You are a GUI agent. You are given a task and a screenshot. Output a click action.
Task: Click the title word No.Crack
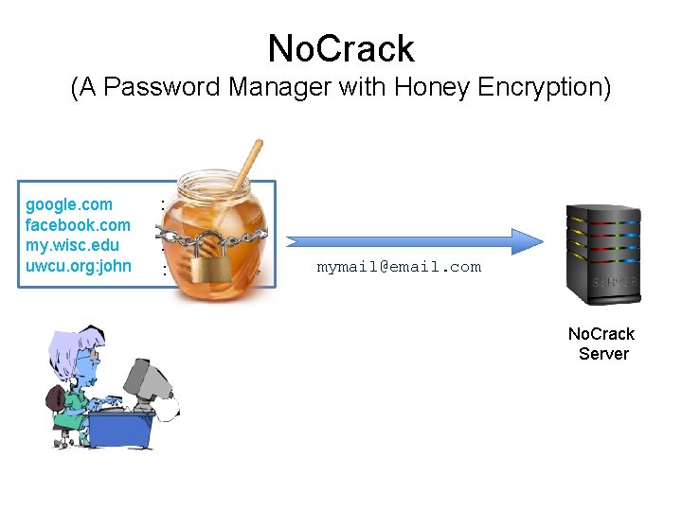click(341, 48)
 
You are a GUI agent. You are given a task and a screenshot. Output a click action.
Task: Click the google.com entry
click(68, 204)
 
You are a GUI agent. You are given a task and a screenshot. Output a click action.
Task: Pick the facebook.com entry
click(78, 225)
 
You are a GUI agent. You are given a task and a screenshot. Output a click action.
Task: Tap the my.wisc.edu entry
click(72, 246)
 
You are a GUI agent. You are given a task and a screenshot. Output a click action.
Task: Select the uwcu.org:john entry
click(79, 266)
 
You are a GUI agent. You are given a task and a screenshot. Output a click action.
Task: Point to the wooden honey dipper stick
click(249, 163)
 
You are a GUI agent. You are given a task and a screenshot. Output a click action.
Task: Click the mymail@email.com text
click(399, 268)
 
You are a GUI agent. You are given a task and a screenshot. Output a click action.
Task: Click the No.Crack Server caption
click(601, 344)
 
